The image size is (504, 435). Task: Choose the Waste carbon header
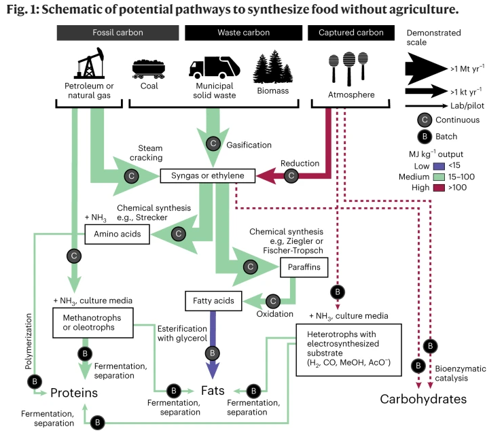coord(243,33)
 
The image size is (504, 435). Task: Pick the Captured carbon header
coord(350,33)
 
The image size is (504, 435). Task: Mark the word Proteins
coord(74,393)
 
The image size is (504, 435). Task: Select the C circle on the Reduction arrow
coord(292,175)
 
